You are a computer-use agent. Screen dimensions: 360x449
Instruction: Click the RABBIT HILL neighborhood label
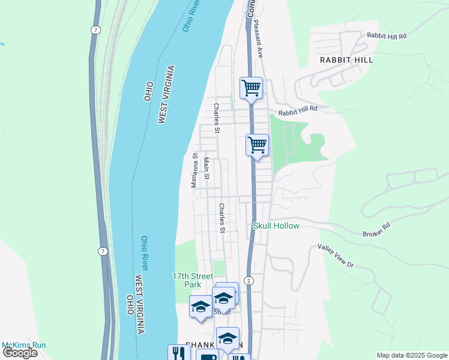346,60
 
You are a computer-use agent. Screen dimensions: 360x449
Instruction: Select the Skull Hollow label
276,226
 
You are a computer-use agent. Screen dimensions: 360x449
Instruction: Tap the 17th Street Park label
192,280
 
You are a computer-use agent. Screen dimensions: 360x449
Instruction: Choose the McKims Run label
23,345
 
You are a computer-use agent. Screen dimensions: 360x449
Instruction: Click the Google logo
20,353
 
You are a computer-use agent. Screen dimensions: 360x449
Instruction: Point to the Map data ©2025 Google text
411,355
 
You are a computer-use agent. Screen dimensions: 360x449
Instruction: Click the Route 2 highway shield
249,281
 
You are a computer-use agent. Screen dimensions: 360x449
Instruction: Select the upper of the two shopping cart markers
251,88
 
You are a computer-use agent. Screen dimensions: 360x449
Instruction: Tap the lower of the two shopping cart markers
257,145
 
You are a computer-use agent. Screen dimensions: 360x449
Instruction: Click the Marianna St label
194,170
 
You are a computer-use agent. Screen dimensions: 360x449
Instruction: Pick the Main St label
206,168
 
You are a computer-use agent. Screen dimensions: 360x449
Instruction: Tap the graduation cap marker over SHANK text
228,338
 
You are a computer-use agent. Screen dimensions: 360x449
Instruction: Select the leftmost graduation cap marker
200,307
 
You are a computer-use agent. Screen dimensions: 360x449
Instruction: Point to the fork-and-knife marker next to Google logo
178,352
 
